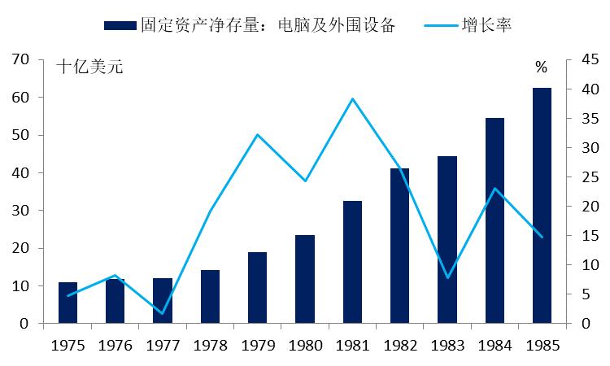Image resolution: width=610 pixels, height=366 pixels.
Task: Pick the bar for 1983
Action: (447, 240)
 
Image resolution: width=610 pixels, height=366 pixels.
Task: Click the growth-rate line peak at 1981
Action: (352, 99)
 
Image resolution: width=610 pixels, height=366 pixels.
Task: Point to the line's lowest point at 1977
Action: (163, 313)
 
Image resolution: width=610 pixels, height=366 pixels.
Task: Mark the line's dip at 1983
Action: (447, 278)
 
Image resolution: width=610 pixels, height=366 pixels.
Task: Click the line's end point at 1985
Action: (542, 237)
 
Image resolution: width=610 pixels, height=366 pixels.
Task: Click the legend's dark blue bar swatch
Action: (119, 26)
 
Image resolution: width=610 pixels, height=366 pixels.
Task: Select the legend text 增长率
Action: (490, 25)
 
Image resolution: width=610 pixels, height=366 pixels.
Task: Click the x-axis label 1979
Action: (257, 345)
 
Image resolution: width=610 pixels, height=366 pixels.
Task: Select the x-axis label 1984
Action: (495, 345)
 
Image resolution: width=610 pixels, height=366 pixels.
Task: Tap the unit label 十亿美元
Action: (89, 68)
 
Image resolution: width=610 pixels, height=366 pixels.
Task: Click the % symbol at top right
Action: (541, 68)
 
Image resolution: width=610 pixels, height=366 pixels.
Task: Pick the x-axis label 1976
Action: (115, 345)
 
